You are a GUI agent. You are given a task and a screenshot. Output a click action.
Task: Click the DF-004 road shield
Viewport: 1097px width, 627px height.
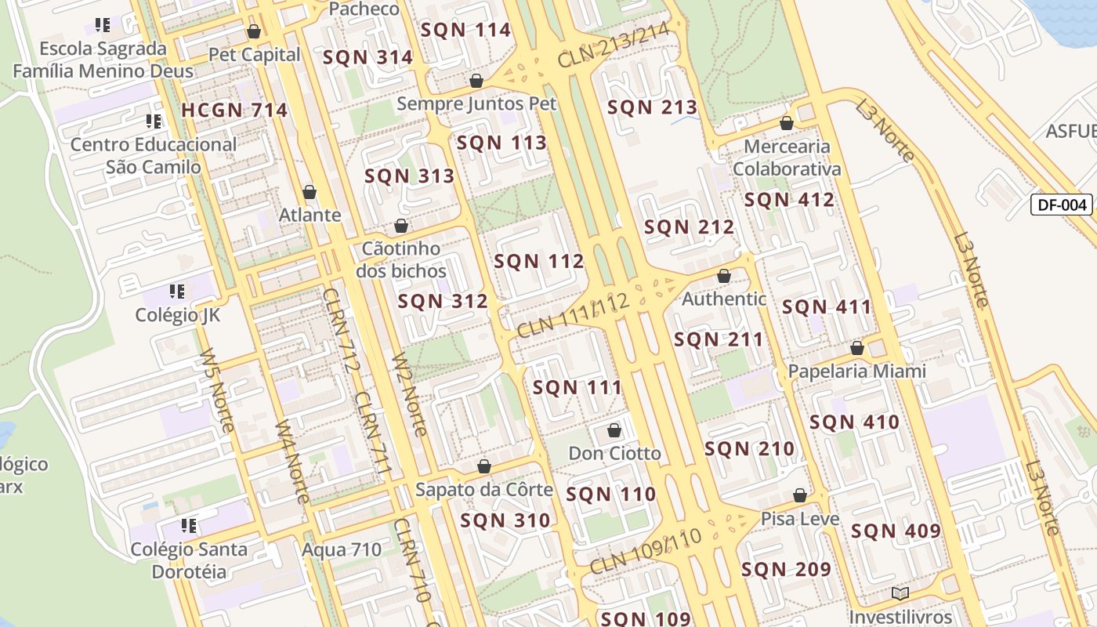(1062, 205)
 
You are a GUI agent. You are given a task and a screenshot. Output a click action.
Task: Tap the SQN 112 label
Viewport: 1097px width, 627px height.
(539, 261)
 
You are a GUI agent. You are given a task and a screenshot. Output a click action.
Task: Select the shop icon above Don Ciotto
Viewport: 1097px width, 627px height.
(614, 430)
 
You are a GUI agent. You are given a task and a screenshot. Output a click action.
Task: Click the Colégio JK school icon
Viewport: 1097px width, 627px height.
(177, 292)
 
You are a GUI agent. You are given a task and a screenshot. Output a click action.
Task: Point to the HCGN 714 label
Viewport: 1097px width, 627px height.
(234, 111)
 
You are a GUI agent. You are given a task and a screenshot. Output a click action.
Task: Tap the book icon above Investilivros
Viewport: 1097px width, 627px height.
(900, 593)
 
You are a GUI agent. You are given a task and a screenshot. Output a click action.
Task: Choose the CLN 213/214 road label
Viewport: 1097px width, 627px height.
(613, 45)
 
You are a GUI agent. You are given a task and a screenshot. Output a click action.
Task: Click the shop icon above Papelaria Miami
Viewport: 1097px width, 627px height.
(857, 347)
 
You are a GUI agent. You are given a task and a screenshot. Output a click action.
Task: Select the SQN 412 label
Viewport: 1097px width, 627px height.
(789, 200)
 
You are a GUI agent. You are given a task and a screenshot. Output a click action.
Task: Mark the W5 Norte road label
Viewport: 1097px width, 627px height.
(216, 390)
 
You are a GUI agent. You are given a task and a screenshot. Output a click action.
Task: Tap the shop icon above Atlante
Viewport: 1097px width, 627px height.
(310, 192)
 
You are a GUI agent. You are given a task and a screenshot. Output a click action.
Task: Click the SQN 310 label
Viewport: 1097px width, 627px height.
(505, 520)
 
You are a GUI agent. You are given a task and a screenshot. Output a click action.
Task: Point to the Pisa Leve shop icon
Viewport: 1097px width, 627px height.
(800, 495)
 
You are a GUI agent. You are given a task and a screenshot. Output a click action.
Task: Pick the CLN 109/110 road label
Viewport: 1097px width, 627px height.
(645, 551)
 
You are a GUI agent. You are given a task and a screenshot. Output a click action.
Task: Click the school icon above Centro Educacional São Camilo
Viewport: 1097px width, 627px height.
(154, 121)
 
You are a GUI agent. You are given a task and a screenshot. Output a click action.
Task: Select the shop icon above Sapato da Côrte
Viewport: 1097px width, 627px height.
(484, 466)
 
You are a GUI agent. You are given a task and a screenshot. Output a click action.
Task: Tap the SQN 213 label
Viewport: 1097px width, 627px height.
(652, 107)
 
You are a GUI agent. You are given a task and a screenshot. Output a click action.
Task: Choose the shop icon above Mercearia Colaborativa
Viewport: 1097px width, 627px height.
(787, 123)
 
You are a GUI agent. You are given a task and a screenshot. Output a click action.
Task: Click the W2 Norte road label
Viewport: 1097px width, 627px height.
(410, 395)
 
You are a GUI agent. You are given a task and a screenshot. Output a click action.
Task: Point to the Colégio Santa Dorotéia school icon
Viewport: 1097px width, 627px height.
(188, 525)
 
